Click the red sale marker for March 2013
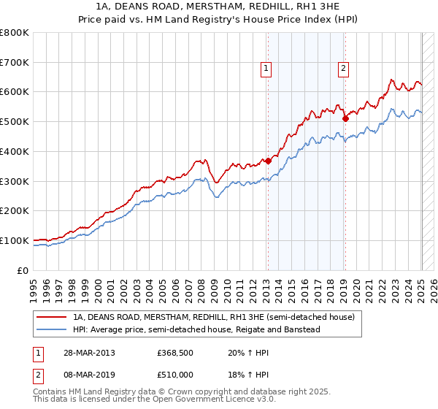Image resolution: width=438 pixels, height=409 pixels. tap(268, 161)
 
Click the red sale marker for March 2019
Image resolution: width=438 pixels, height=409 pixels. tap(345, 118)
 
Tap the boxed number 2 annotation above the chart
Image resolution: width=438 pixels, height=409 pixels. tap(342, 69)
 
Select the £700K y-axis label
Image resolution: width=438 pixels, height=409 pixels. tap(15, 63)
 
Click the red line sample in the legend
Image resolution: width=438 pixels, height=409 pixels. tap(53, 318)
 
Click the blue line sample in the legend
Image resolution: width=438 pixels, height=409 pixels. tap(53, 329)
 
